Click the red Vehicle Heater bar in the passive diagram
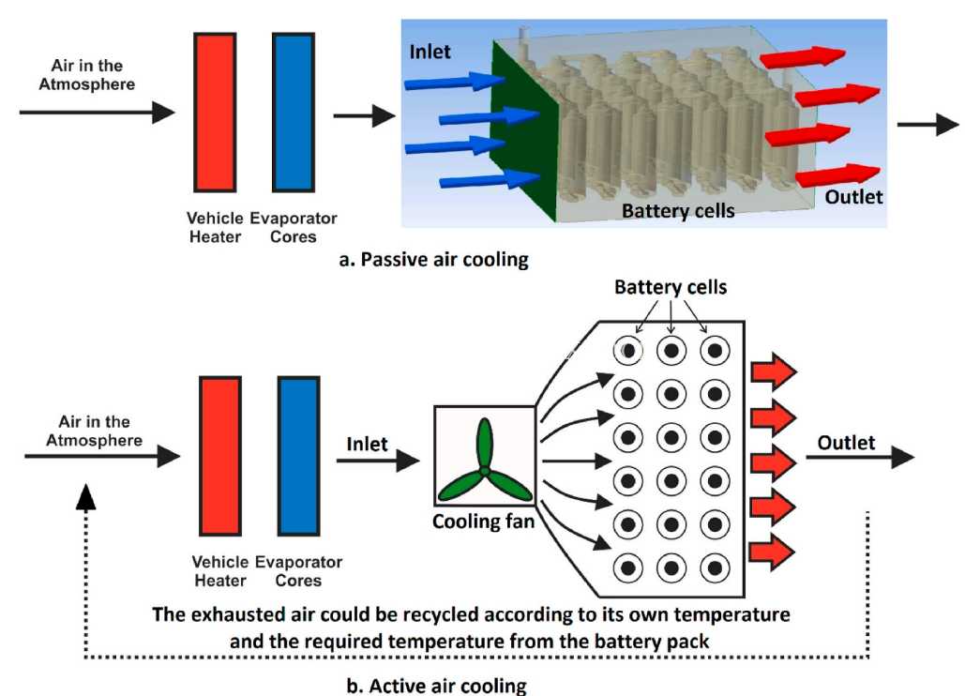(x=215, y=113)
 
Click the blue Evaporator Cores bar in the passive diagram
(x=294, y=113)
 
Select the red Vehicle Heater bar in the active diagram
(x=220, y=456)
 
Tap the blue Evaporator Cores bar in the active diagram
(x=298, y=456)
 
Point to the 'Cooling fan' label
(x=483, y=522)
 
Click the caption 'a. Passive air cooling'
(x=434, y=260)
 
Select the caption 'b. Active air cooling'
(x=436, y=686)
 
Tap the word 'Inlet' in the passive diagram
(x=430, y=52)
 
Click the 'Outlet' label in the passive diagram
(x=853, y=197)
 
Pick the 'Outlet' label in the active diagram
(x=846, y=443)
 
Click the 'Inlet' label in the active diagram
(x=367, y=444)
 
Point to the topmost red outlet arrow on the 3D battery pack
(x=803, y=57)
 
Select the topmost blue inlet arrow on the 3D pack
(x=455, y=82)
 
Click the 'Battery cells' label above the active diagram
(x=671, y=287)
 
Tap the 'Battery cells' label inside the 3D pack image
(x=678, y=211)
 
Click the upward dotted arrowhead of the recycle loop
(x=85, y=496)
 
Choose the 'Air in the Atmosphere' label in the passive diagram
(x=87, y=74)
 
